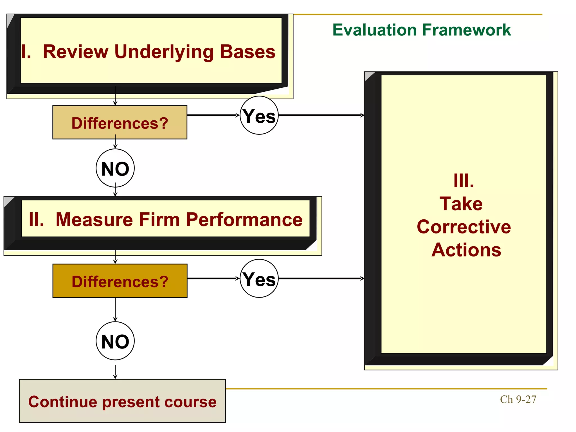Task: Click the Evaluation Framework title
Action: (x=421, y=30)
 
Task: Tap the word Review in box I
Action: (x=75, y=52)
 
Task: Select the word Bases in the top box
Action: (x=247, y=52)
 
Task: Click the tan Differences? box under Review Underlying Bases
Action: (x=120, y=123)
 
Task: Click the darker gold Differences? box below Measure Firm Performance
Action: (x=120, y=281)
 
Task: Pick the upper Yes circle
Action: (x=259, y=116)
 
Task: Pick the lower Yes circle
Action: (x=259, y=279)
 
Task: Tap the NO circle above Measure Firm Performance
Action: (x=115, y=168)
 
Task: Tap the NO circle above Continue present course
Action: (x=115, y=341)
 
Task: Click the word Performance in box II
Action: (x=244, y=220)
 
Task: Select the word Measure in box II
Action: (x=94, y=220)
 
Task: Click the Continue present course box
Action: (x=122, y=401)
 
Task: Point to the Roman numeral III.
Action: (x=463, y=181)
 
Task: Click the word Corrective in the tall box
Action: (x=463, y=227)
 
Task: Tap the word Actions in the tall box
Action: (x=466, y=250)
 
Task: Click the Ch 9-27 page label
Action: (x=518, y=399)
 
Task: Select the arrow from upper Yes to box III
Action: (x=321, y=115)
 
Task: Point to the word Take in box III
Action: (x=461, y=204)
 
